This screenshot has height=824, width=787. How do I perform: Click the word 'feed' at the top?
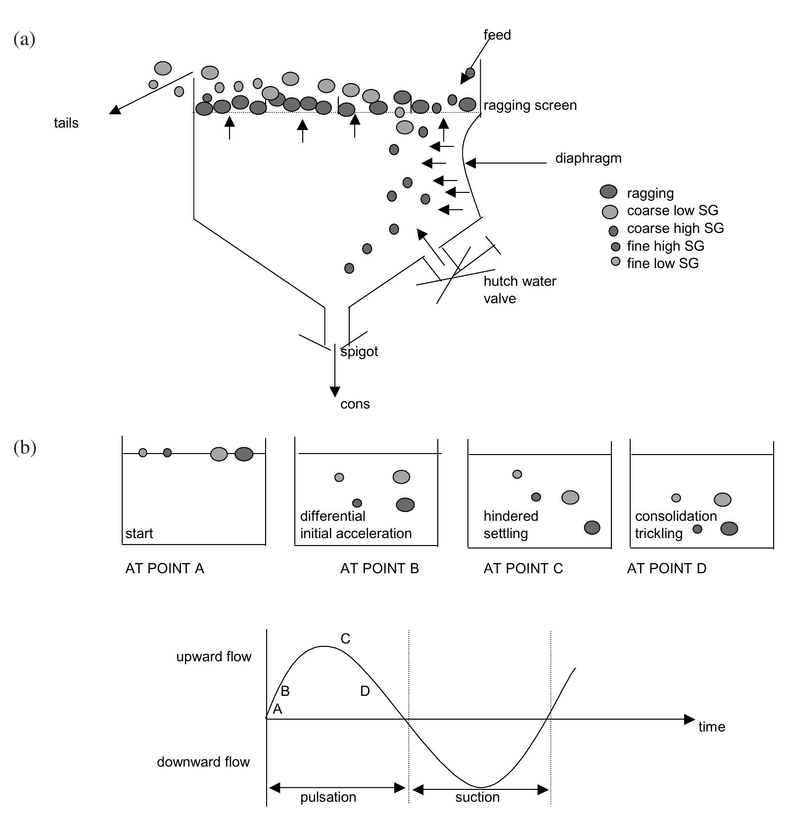[x=497, y=35]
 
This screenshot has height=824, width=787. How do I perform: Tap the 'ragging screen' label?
[x=530, y=105]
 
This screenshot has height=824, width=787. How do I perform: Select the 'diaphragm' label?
[x=588, y=158]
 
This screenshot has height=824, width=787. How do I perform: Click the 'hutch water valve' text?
[x=519, y=290]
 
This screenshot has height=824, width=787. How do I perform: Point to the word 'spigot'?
[x=359, y=352]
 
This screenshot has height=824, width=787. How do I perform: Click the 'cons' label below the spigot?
[x=355, y=404]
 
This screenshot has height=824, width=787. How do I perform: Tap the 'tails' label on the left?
[x=66, y=123]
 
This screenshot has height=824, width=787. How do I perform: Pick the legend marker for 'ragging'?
[x=608, y=192]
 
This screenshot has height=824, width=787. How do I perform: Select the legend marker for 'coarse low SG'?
[x=610, y=212]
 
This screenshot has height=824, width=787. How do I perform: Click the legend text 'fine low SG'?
[x=662, y=263]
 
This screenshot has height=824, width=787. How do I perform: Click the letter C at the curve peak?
[x=345, y=639]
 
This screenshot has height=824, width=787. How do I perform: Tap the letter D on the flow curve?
[x=365, y=691]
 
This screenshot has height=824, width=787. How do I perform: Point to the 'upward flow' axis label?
[x=214, y=657]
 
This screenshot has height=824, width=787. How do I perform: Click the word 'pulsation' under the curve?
[x=328, y=797]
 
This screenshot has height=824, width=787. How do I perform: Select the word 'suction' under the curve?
[x=477, y=797]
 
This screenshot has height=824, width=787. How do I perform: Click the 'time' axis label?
[x=711, y=727]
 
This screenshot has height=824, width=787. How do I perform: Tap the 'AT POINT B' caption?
[x=379, y=569]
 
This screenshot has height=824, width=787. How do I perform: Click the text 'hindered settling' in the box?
[x=510, y=525]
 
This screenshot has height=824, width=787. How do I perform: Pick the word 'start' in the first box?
[x=139, y=534]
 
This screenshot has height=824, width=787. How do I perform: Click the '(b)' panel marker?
[x=25, y=448]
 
